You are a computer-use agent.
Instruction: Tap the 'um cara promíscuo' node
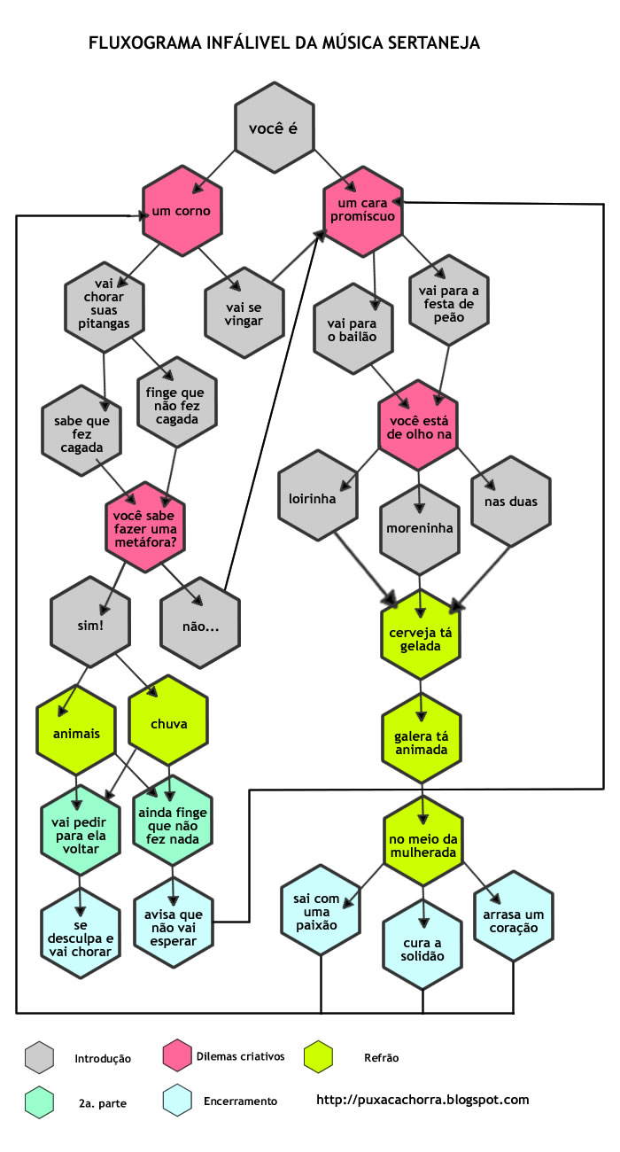tap(364, 210)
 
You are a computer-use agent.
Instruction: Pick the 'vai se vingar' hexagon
tap(244, 312)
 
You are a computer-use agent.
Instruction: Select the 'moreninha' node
tap(420, 528)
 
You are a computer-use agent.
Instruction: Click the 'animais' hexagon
tap(76, 734)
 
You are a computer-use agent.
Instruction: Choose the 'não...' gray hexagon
tap(200, 627)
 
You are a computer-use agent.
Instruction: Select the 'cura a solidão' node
tap(422, 949)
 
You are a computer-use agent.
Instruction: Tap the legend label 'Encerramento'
tap(240, 1101)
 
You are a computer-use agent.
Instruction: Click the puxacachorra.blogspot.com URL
tap(422, 1100)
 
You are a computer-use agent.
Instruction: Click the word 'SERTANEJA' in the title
tap(431, 43)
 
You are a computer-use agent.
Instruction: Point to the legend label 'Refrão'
tap(382, 1057)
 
